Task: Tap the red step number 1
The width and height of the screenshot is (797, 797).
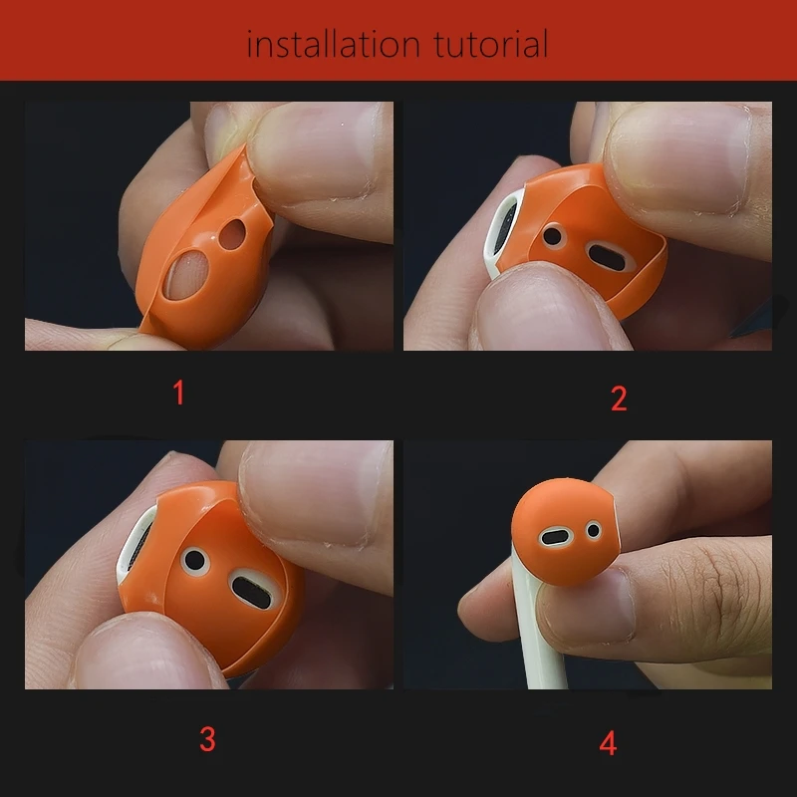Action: click(178, 393)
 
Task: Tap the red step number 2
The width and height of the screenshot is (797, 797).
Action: click(619, 398)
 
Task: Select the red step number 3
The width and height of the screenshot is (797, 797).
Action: click(207, 739)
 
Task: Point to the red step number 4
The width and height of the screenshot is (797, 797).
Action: click(608, 742)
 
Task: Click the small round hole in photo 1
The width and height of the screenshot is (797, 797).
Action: click(233, 235)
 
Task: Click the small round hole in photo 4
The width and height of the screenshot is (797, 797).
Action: click(595, 530)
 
